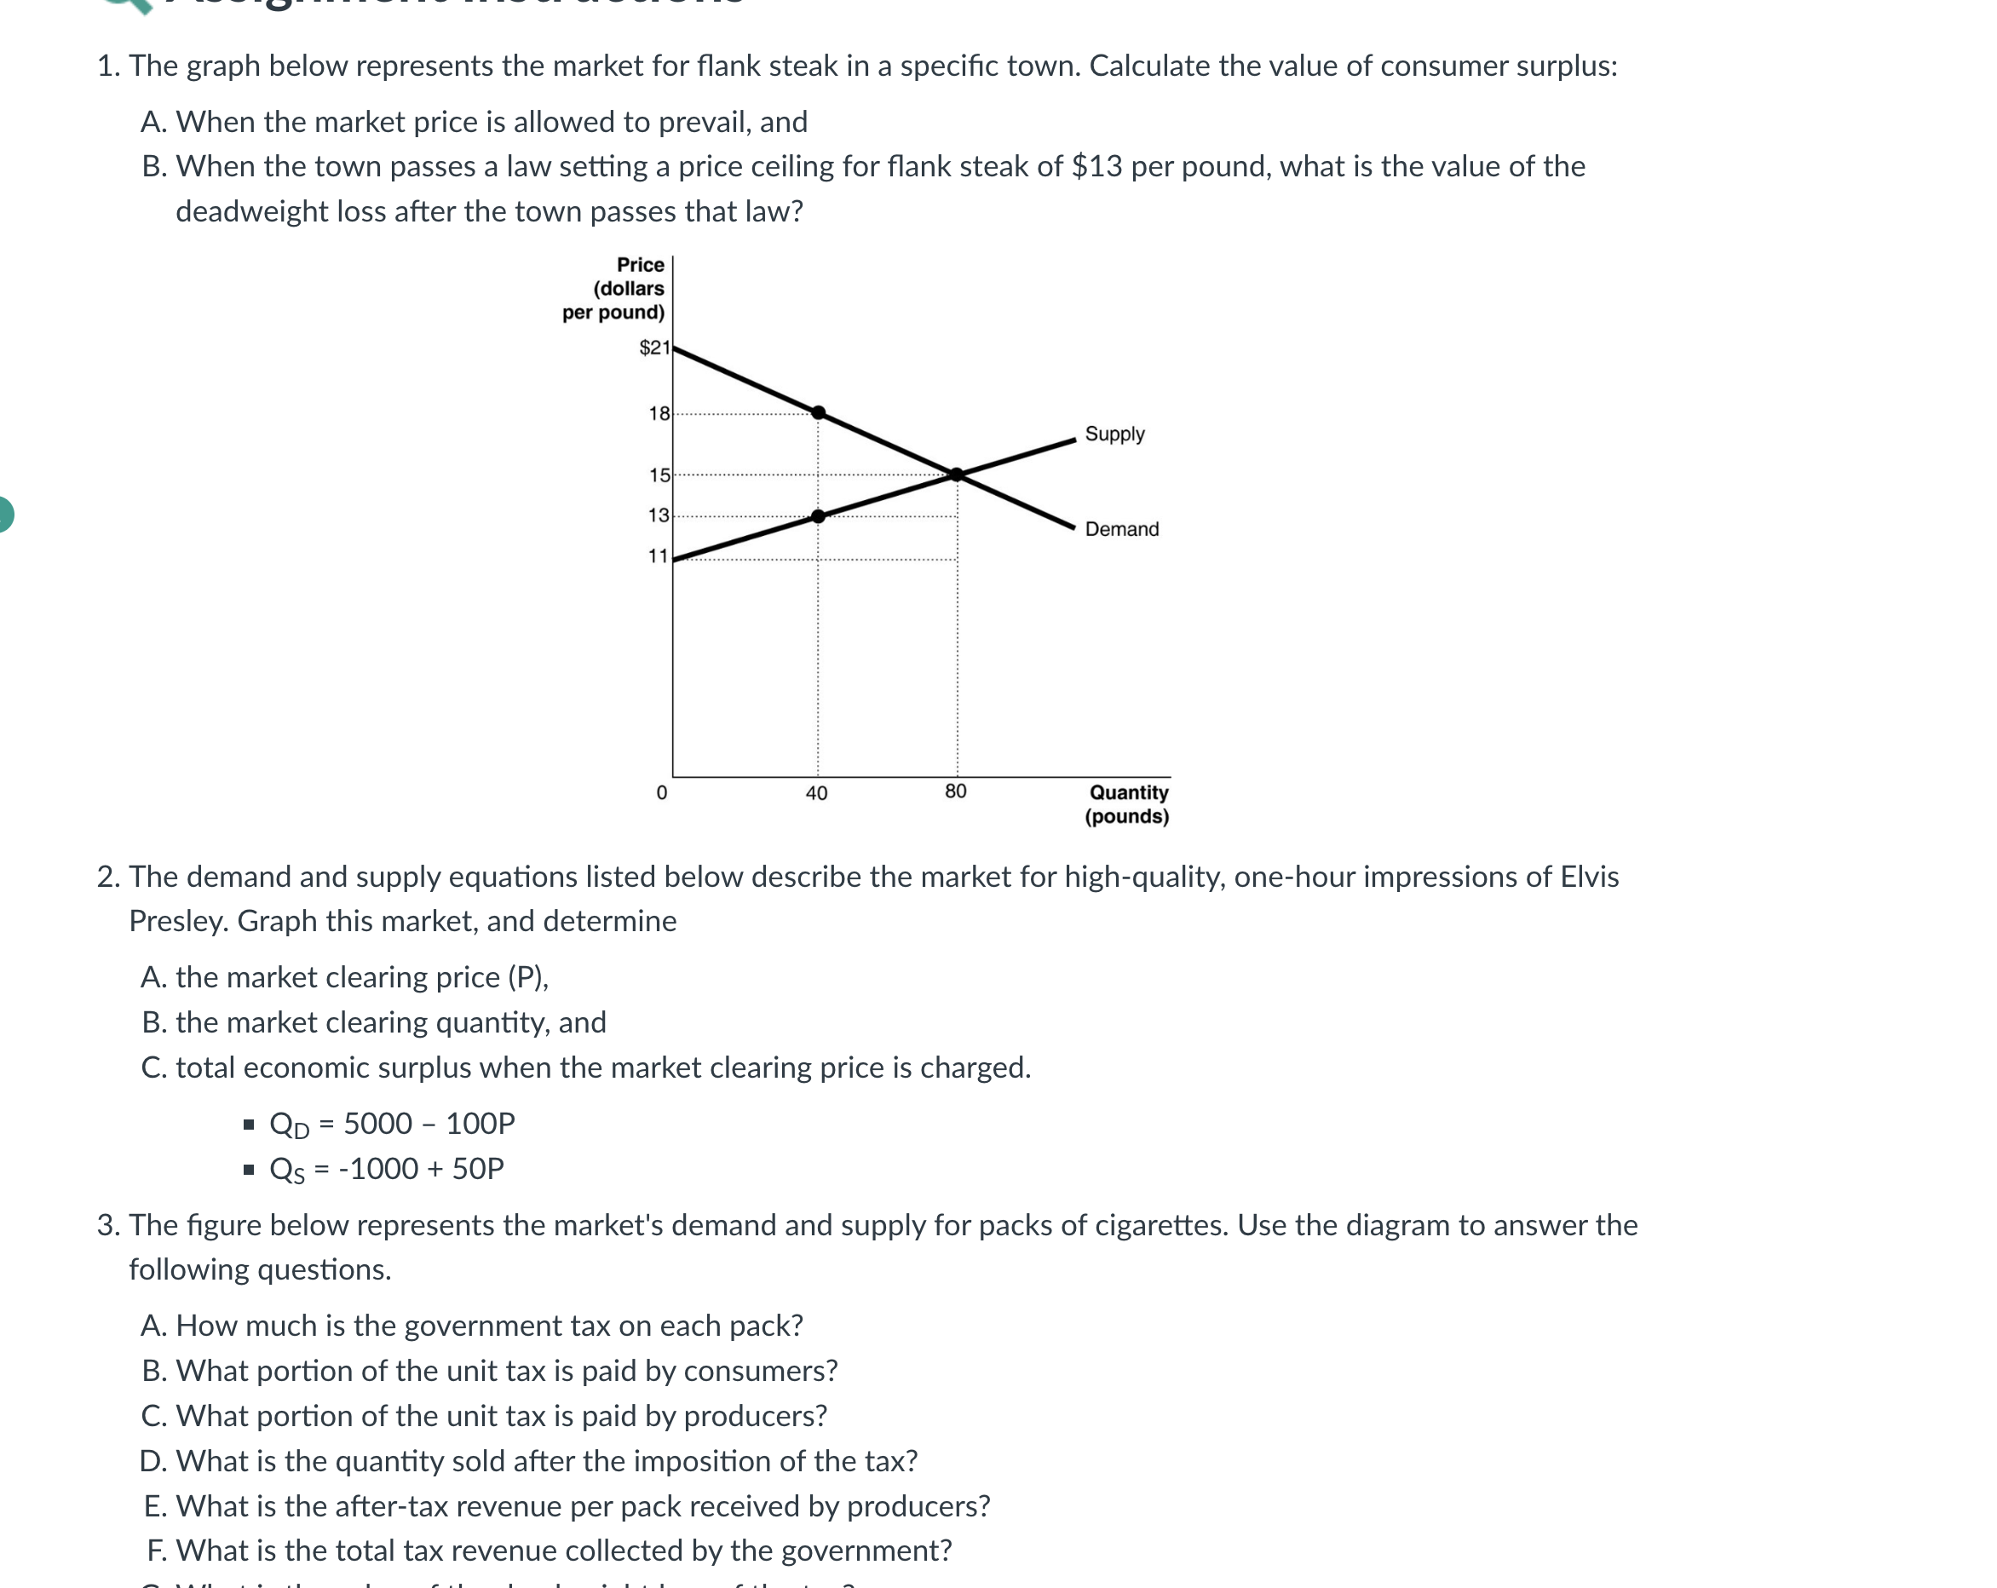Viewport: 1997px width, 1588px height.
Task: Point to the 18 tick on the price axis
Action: pyautogui.click(x=659, y=413)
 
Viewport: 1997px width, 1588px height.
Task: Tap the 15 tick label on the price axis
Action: pyautogui.click(x=659, y=475)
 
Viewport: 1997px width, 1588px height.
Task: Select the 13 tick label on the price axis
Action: pyautogui.click(x=658, y=515)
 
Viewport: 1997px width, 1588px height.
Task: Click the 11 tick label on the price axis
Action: pyautogui.click(x=658, y=556)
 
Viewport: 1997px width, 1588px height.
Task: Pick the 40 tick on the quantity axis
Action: pyautogui.click(x=816, y=793)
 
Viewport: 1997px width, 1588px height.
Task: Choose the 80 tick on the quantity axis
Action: pyautogui.click(x=955, y=791)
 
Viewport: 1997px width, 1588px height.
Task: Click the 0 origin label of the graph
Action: pyautogui.click(x=661, y=793)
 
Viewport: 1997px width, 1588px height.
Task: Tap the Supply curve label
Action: pyautogui.click(x=1114, y=434)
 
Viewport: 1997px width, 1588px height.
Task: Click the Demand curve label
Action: pyautogui.click(x=1121, y=529)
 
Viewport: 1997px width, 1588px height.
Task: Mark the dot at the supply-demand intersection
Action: pyautogui.click(x=957, y=475)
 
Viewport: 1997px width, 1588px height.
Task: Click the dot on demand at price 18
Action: pyautogui.click(x=818, y=412)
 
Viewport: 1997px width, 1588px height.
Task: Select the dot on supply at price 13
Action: pyautogui.click(x=818, y=516)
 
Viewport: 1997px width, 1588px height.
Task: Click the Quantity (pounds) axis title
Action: pyautogui.click(x=1127, y=804)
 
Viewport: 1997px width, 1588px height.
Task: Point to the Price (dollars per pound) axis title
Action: pyautogui.click(x=614, y=288)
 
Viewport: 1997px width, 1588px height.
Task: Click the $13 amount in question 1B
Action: pyautogui.click(x=1096, y=167)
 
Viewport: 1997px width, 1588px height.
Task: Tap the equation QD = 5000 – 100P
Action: pyautogui.click(x=391, y=1124)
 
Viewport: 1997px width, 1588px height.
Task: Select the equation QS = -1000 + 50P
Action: pyautogui.click(x=385, y=1169)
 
